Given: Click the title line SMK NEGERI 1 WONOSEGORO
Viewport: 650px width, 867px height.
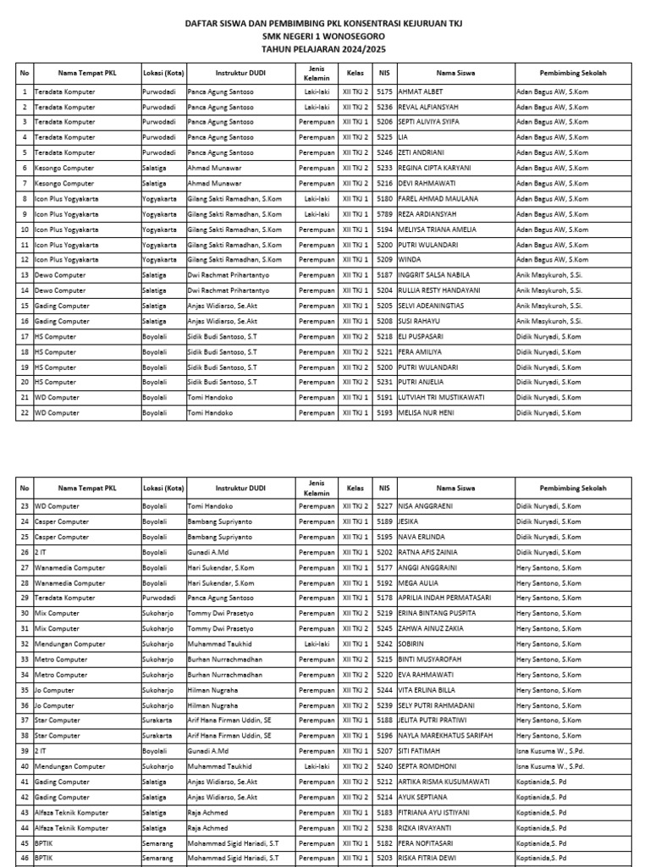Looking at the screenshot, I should pos(324,37).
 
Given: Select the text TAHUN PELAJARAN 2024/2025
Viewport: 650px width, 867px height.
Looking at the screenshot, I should pos(324,50).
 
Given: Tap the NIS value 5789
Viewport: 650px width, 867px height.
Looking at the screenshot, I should pos(384,214).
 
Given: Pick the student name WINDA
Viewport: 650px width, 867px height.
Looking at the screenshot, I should pos(410,260).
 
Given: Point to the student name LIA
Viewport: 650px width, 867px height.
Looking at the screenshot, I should pos(404,137).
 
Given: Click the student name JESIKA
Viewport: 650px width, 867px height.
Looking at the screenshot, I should pos(410,521).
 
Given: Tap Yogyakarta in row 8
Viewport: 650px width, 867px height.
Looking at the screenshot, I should pos(160,199).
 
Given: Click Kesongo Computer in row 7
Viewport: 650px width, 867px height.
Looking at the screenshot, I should pos(64,184).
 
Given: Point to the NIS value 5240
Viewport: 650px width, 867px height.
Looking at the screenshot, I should pos(384,766).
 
